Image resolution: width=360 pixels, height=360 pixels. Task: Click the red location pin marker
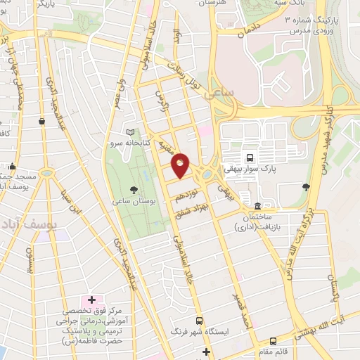tap(181, 165)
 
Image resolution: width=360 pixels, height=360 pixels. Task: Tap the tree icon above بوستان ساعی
tap(134, 190)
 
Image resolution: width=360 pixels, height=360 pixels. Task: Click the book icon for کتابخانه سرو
tap(129, 132)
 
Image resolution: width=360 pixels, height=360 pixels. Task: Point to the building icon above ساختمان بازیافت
tap(258, 207)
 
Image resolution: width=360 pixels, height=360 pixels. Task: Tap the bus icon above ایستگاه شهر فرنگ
tap(198, 319)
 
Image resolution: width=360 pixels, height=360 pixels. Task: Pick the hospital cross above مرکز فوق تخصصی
tap(91, 300)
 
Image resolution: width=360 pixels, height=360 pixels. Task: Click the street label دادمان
tap(250, 29)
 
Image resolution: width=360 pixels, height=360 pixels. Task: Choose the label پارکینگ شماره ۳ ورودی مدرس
tap(313, 27)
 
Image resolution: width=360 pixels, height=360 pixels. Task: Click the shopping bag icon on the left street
tap(42, 121)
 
